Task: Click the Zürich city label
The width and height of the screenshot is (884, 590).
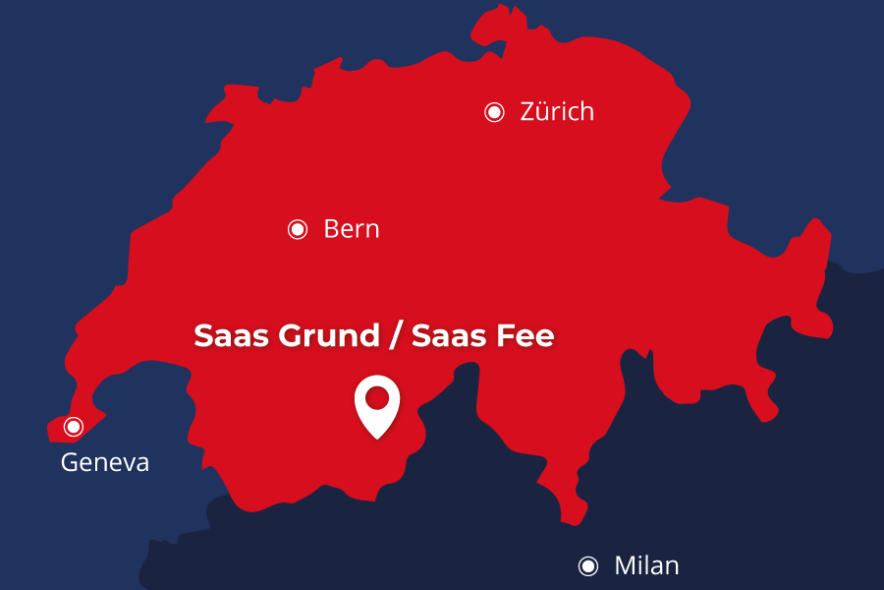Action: point(557,112)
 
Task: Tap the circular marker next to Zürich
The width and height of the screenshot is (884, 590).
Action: point(494,112)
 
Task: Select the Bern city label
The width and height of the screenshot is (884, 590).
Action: point(351,230)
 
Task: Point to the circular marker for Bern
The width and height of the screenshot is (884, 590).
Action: point(298,229)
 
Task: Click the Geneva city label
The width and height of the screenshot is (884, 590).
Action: point(105,462)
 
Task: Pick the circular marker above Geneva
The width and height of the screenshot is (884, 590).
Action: point(73,427)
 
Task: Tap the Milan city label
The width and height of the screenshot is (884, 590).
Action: point(646,566)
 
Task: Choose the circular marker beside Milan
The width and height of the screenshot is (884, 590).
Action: point(588,565)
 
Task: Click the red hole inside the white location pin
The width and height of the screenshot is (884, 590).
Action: point(377,398)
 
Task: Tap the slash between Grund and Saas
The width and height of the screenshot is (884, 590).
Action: point(395,336)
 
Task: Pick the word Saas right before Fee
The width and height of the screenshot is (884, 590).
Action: point(447,336)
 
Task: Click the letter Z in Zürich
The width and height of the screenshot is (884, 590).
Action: point(527,112)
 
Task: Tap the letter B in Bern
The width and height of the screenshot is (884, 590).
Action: point(331,230)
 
